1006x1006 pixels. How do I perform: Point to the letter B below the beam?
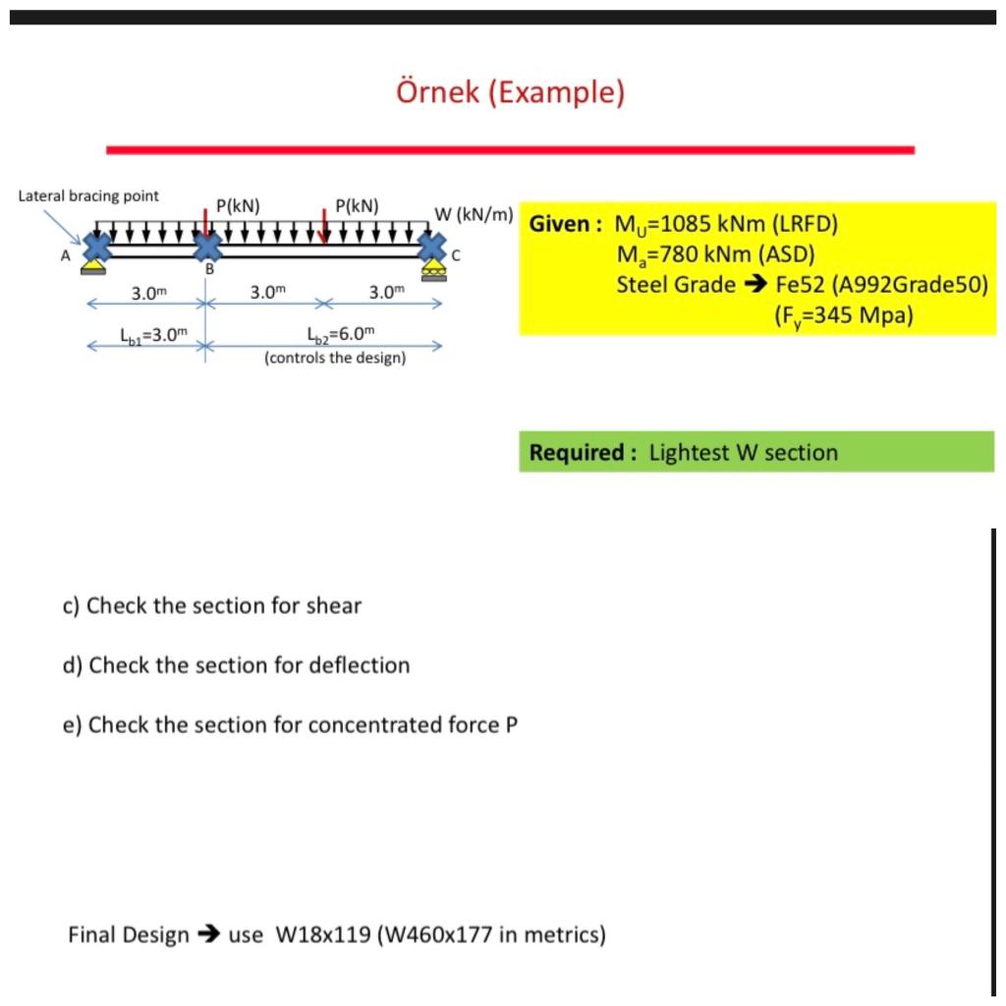coord(208,268)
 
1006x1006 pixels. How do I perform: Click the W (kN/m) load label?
coord(474,214)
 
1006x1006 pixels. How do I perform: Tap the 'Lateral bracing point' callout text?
coord(88,196)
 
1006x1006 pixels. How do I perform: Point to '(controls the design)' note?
coord(335,358)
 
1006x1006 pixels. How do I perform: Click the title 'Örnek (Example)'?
coord(510,92)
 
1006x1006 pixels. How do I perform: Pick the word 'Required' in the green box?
coord(578,453)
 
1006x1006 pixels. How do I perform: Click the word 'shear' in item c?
coord(334,605)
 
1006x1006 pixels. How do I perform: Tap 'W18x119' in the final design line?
coord(324,934)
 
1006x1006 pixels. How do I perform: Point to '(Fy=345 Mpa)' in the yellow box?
coord(843,316)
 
